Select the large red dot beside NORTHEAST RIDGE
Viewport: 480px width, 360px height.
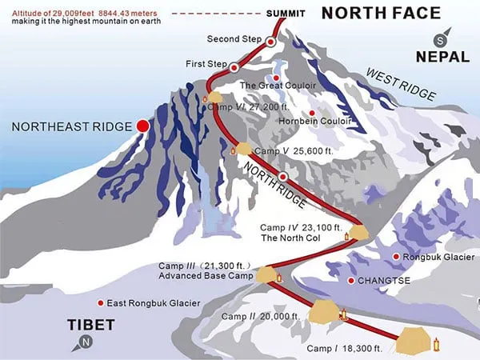(143, 126)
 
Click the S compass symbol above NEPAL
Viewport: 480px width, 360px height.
(438, 40)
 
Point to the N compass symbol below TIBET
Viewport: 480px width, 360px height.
(85, 343)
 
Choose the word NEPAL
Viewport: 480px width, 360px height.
(442, 57)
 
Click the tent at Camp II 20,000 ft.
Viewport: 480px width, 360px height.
(323, 310)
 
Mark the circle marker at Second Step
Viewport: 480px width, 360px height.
(271, 42)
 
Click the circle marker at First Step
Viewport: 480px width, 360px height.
(234, 68)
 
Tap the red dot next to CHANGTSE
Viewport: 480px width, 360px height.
(350, 280)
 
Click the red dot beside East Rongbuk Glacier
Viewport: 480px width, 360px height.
(100, 303)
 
